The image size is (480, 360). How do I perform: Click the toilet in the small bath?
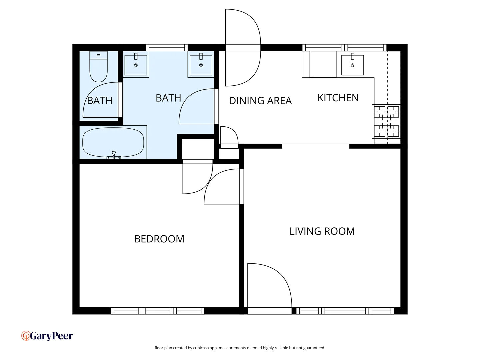pyautogui.click(x=99, y=67)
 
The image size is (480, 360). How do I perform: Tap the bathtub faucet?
pyautogui.click(x=114, y=154)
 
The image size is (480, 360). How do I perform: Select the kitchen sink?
pyautogui.click(x=352, y=65)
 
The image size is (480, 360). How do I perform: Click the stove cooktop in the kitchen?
pyautogui.click(x=386, y=121)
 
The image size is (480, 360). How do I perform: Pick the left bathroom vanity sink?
pyautogui.click(x=136, y=65)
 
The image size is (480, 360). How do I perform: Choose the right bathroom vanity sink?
pyautogui.click(x=201, y=65)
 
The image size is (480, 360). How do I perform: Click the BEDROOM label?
pyautogui.click(x=159, y=239)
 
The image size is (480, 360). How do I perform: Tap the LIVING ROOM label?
pyautogui.click(x=322, y=231)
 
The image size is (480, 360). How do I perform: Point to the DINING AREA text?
pyautogui.click(x=260, y=101)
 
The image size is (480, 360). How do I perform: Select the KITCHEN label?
pyautogui.click(x=338, y=98)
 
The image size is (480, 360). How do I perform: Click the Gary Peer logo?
pyautogui.click(x=47, y=336)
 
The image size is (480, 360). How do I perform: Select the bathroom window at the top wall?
pyautogui.click(x=167, y=48)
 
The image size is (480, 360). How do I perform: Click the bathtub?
pyautogui.click(x=113, y=142)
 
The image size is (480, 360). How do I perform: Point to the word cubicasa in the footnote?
pyautogui.click(x=201, y=348)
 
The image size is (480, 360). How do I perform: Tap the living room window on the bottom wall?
pyautogui.click(x=345, y=311)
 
